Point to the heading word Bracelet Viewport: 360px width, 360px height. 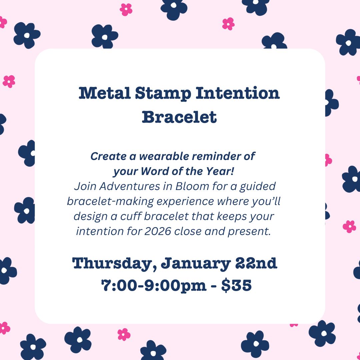click(x=180, y=117)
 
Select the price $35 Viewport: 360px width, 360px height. click(x=236, y=285)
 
